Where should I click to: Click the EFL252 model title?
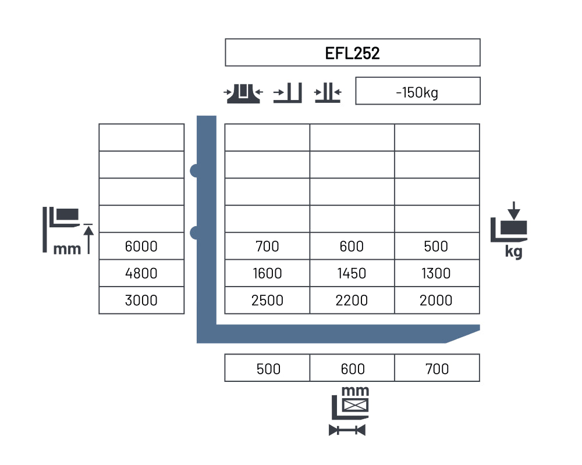(352, 53)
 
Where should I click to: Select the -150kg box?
(417, 91)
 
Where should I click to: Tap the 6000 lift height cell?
(141, 246)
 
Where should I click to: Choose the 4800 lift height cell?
(141, 273)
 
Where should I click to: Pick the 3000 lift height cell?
(141, 300)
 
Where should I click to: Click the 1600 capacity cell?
(267, 273)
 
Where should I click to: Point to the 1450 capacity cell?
(352, 273)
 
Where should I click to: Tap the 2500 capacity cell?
(267, 300)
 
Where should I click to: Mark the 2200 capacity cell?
(352, 300)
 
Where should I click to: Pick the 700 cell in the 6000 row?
(267, 246)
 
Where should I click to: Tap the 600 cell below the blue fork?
(352, 368)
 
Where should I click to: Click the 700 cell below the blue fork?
(437, 368)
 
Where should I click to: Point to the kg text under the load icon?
(514, 252)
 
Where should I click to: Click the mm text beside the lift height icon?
(67, 249)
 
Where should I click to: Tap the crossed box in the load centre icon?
(355, 405)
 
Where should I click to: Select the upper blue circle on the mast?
(194, 170)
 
